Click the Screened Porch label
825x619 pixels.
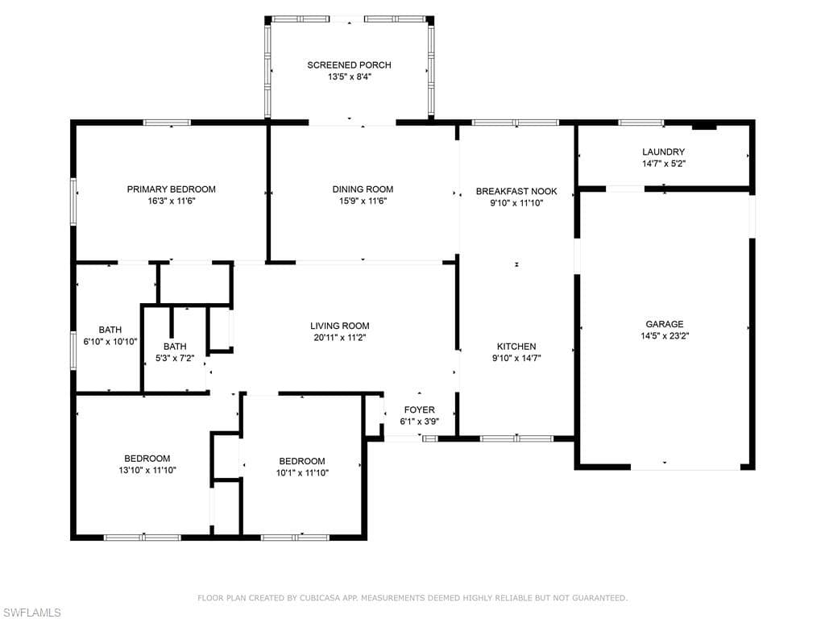(349, 65)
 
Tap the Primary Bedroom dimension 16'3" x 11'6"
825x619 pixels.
(172, 201)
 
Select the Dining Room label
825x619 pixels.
(363, 189)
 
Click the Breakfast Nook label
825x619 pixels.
(516, 192)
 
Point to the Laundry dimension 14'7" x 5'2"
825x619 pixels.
(664, 164)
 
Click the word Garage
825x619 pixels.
(665, 324)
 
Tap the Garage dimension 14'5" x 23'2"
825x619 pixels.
(665, 336)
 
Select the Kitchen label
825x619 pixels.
(516, 347)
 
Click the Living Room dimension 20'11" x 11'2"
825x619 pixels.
(339, 338)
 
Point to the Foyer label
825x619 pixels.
(419, 409)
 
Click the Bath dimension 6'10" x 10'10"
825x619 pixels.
(110, 342)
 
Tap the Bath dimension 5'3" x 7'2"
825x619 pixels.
(175, 359)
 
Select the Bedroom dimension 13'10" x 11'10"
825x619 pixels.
(147, 470)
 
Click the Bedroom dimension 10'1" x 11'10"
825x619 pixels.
(302, 472)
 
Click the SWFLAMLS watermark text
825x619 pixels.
(31, 613)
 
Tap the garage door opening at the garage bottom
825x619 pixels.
(686, 467)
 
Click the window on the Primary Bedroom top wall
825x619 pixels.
(168, 123)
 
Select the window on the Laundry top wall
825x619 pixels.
(641, 123)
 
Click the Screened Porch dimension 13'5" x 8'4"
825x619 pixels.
(350, 77)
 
